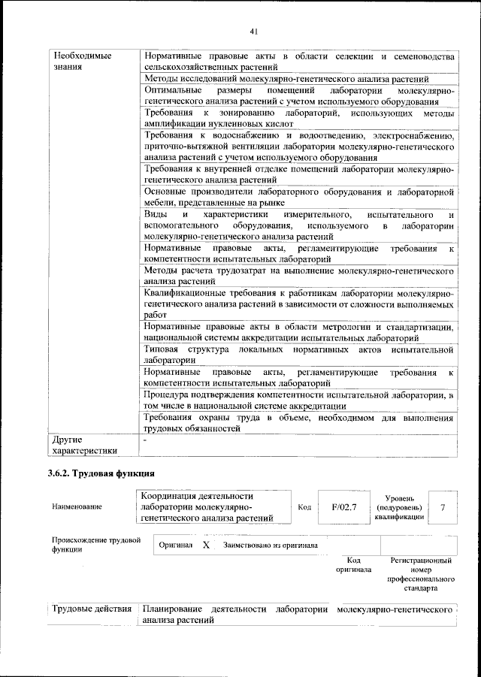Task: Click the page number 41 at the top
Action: (x=253, y=31)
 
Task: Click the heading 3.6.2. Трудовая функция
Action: (x=101, y=474)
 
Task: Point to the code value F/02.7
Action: (x=344, y=507)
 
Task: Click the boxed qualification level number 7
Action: (x=443, y=507)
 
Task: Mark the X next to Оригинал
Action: (x=205, y=545)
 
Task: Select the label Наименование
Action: (x=77, y=508)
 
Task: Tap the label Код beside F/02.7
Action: (x=304, y=507)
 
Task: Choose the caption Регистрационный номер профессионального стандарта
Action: (x=421, y=575)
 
